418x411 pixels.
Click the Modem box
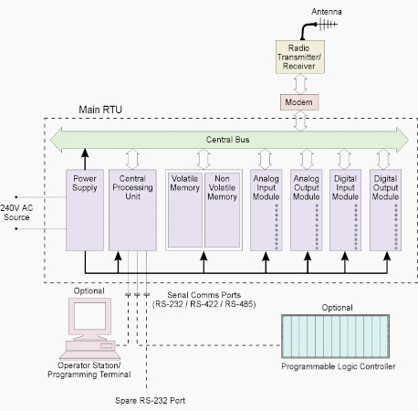[299, 102]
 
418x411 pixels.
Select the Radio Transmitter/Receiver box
[300, 57]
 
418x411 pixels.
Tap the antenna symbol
[326, 24]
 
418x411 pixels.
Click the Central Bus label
[227, 140]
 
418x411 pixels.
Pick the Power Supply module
[85, 210]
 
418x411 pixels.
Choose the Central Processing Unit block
[132, 210]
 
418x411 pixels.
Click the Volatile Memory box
[185, 210]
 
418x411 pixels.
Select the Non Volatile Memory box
[222, 210]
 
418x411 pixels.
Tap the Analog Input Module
[266, 210]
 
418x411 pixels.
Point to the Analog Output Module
[307, 210]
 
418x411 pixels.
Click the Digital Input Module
[345, 210]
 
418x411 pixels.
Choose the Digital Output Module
[385, 210]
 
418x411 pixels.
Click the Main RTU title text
[100, 110]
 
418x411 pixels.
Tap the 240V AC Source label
[16, 213]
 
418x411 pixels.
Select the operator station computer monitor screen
[89, 316]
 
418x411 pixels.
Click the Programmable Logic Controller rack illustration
[335, 336]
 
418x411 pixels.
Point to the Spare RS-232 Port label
[150, 400]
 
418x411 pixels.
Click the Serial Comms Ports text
[204, 295]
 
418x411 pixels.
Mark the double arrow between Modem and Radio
[300, 84]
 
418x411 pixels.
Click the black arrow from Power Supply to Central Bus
[85, 159]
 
